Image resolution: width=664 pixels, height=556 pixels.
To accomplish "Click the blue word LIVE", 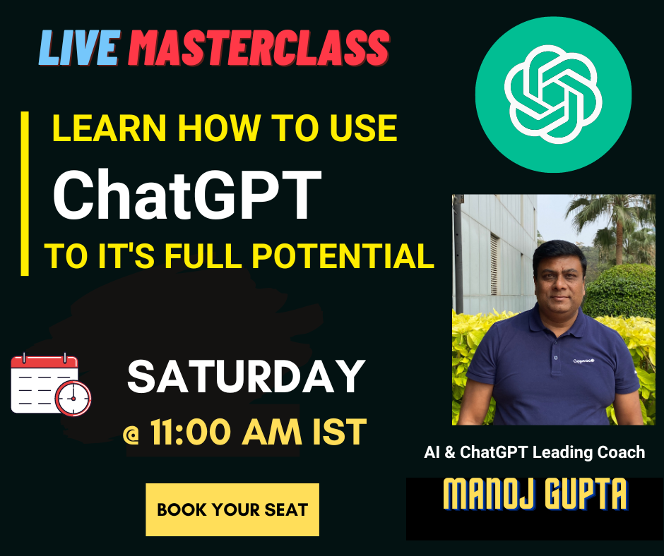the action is [79, 48].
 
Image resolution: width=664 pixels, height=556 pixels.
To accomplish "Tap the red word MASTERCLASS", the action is [259, 48].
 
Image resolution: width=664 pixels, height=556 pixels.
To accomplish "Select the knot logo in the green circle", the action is [553, 94].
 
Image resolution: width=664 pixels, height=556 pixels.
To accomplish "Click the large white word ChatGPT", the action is [186, 195].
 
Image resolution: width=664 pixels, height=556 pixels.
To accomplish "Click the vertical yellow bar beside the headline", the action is [25, 194].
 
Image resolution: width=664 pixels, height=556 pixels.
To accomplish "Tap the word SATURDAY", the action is [246, 377].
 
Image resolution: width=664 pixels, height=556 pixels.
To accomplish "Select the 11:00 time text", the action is [191, 432].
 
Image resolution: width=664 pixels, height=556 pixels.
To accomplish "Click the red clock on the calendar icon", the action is [73, 398].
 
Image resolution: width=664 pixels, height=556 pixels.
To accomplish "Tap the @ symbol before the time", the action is [131, 435].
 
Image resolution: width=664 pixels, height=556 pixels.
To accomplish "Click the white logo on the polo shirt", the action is [583, 361].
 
